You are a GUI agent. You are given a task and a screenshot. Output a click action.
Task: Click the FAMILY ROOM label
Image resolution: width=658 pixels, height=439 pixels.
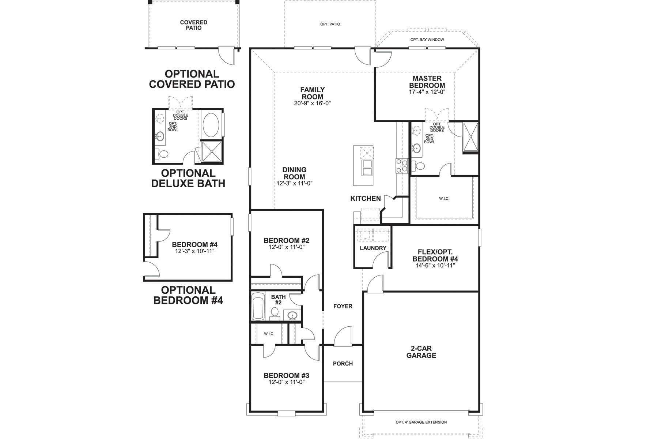[312, 93]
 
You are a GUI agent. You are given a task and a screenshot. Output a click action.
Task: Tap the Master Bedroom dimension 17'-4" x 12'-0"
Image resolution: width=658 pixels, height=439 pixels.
[427, 92]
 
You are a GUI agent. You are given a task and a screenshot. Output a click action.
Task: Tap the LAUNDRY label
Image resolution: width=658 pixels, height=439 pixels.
[373, 248]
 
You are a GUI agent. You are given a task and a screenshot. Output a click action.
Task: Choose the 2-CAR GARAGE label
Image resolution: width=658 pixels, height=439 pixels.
[421, 352]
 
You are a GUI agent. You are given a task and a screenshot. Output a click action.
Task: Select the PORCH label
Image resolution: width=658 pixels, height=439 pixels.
[343, 364]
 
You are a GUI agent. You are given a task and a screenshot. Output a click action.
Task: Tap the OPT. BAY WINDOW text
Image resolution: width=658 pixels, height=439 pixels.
[427, 40]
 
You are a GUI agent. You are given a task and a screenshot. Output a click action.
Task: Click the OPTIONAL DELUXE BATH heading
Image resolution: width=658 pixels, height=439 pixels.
[188, 178]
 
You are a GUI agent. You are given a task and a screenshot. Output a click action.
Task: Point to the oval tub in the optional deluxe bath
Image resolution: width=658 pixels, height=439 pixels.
[211, 125]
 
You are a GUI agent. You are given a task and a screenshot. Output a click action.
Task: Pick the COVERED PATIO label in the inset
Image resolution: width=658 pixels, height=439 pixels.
[193, 25]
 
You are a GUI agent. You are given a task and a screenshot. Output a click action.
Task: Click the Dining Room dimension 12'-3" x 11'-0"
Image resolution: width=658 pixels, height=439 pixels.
[294, 183]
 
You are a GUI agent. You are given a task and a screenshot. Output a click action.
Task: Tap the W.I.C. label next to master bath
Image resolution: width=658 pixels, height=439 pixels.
[444, 199]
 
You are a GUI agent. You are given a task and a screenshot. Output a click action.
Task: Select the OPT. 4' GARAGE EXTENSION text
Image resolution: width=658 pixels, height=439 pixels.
[421, 422]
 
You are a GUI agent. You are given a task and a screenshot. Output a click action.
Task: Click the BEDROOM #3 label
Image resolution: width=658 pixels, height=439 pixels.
[287, 376]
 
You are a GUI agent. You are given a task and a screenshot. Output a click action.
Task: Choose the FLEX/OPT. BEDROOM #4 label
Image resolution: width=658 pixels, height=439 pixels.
[435, 255]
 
